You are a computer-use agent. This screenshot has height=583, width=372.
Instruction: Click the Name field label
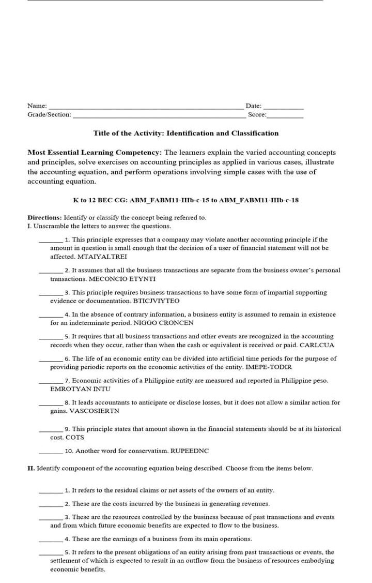(x=37, y=106)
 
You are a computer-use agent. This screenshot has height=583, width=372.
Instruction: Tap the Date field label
(x=253, y=106)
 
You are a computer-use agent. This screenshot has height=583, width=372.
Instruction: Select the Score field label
(x=257, y=114)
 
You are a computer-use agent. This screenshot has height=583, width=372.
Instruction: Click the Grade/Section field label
(x=49, y=114)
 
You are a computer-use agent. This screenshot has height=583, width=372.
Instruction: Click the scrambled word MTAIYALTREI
(x=102, y=257)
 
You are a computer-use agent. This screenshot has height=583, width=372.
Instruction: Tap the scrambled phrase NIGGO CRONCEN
(x=163, y=323)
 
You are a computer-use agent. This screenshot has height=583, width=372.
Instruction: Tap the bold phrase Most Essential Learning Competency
(x=95, y=153)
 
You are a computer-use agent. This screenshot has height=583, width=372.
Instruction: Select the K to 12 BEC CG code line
(x=186, y=200)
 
